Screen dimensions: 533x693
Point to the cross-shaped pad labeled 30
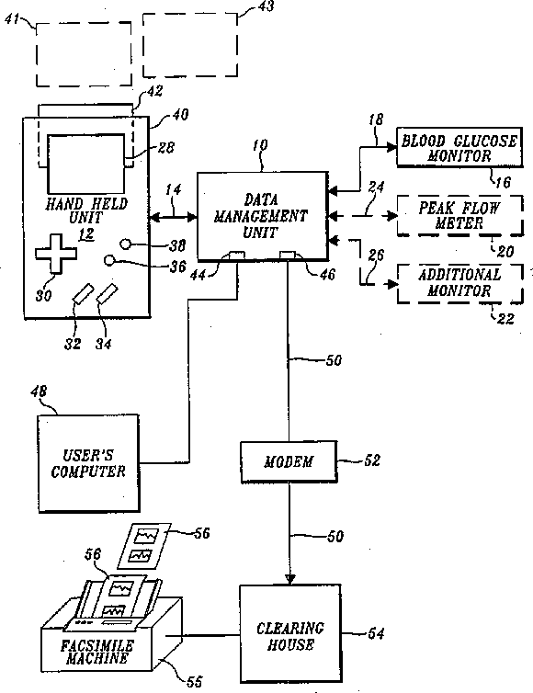coord(56,254)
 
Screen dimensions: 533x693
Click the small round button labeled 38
coord(126,244)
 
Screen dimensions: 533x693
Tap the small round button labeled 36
coord(109,260)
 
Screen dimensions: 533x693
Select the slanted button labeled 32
coord(84,294)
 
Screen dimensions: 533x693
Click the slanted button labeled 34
coord(108,294)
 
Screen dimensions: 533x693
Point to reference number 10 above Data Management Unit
coord(260,145)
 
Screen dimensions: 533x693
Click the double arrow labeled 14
coord(174,217)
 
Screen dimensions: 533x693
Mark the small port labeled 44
coord(236,255)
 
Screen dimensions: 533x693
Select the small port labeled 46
coord(289,255)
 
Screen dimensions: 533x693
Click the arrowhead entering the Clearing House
coord(289,579)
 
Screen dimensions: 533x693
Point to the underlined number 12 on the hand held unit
coord(86,233)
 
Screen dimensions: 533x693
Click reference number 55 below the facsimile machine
coord(195,681)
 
